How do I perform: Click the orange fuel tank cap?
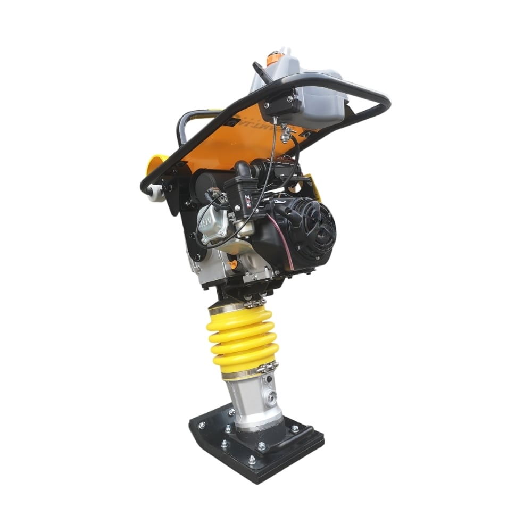pos(273,58)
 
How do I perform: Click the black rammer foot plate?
pos(255,447)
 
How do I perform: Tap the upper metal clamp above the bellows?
pos(234,306)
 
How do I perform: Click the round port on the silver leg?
pos(273,397)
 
